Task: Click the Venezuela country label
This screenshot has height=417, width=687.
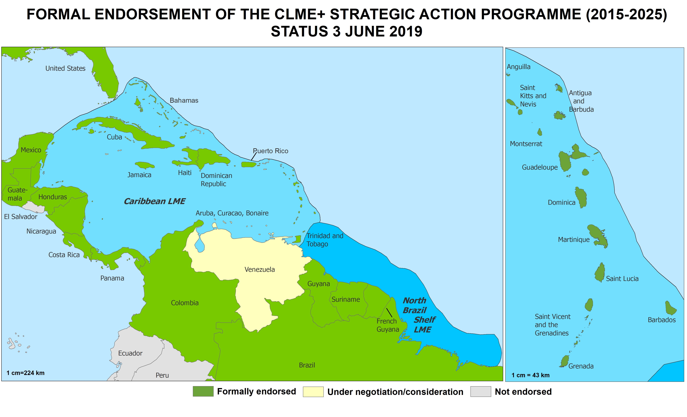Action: pyautogui.click(x=260, y=269)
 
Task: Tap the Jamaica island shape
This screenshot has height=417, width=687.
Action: pyautogui.click(x=145, y=165)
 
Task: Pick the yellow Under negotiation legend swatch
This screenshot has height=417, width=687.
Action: pyautogui.click(x=313, y=392)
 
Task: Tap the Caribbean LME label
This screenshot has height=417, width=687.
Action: pyautogui.click(x=154, y=201)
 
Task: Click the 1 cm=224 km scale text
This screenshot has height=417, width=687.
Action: pyautogui.click(x=25, y=373)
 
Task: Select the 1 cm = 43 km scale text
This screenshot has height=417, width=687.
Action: pyautogui.click(x=530, y=375)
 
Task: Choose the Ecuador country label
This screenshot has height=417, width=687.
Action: pyautogui.click(x=130, y=353)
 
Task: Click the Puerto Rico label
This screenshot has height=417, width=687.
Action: pyautogui.click(x=270, y=151)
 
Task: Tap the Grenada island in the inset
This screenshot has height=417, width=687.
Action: pyautogui.click(x=565, y=361)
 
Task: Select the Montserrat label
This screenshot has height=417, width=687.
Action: pyautogui.click(x=526, y=144)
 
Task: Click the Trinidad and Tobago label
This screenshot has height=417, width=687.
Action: pyautogui.click(x=325, y=240)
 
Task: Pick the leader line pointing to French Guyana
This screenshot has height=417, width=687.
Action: pyautogui.click(x=389, y=313)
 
